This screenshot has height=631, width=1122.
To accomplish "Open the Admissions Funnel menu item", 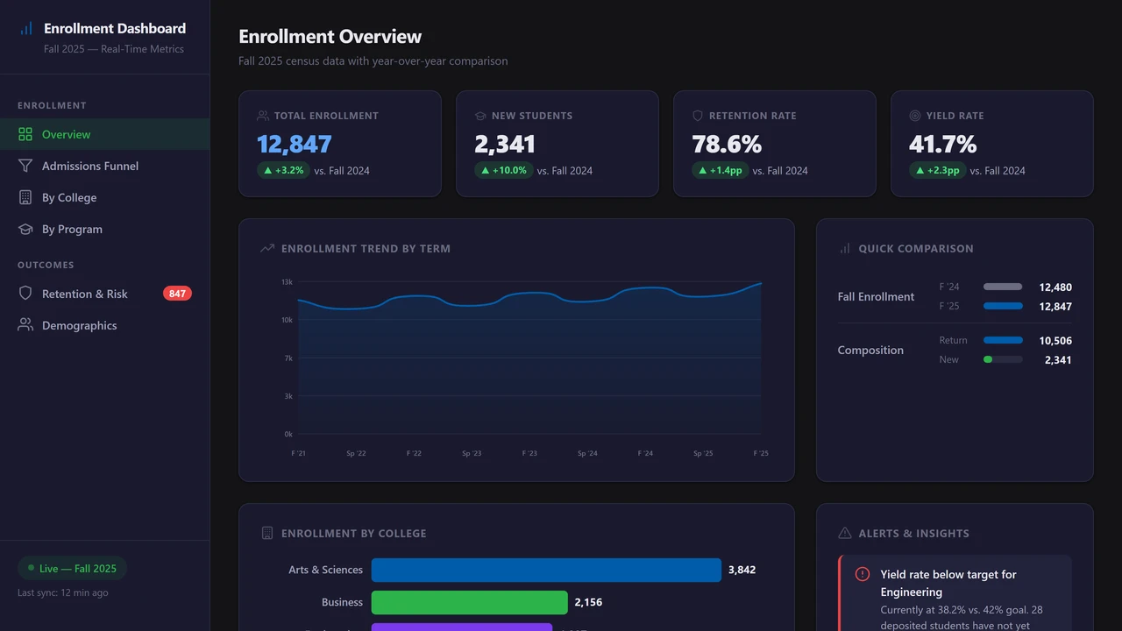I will [x=89, y=166].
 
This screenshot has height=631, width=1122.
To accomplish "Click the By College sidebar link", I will [x=69, y=197].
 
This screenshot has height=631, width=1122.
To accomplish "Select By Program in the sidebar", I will [x=72, y=229].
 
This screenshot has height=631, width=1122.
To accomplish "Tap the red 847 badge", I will [x=177, y=294].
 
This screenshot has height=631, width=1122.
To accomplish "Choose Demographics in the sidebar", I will [x=79, y=325].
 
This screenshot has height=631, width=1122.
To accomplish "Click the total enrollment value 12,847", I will [x=295, y=144].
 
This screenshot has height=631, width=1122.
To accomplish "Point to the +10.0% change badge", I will [x=503, y=170].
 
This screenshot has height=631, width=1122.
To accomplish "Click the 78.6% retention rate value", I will [x=727, y=144].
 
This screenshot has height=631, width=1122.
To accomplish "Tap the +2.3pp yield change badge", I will [x=938, y=170].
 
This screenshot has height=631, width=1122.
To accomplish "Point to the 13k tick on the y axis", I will [x=287, y=282].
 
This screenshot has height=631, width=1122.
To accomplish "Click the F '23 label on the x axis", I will [x=529, y=453].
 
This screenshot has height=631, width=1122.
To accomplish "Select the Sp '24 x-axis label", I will [x=587, y=453].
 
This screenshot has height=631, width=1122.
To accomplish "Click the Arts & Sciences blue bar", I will [x=546, y=570].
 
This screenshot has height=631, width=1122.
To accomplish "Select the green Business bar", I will [x=469, y=602].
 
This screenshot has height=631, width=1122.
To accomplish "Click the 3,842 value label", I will [x=742, y=570].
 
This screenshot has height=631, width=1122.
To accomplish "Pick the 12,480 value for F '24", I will [x=1055, y=287].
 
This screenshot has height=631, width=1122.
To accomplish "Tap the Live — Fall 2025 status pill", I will [x=72, y=568].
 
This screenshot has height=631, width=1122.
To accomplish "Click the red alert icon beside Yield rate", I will [x=863, y=574].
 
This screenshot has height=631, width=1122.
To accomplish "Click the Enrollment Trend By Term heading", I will [x=366, y=248].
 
